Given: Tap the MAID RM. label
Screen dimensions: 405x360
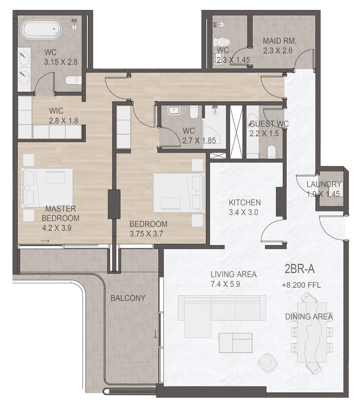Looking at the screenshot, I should pos(279,41).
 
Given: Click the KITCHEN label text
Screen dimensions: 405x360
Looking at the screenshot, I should pos(244,202).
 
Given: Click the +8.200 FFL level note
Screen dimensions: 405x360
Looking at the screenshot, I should pos(301,285).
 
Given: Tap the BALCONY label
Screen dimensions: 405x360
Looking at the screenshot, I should pos(128,298).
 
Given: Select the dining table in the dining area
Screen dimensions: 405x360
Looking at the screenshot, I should pos(312,331).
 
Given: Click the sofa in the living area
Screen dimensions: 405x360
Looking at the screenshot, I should pos(221,308).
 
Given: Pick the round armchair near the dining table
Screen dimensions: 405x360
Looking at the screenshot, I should pos(266,362).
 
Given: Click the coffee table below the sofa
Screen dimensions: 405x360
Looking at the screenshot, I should pos(235,343).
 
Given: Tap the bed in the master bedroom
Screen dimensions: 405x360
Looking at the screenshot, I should pos(48,187).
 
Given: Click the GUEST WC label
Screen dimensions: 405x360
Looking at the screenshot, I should pos(269,124).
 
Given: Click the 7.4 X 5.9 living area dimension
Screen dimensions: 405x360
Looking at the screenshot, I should pos(233,283).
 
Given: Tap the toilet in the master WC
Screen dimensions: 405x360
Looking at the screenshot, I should pos(73,80).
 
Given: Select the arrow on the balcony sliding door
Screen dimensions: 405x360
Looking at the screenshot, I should pos(156,333).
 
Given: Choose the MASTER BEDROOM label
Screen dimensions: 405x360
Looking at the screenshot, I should pos(60,213).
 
